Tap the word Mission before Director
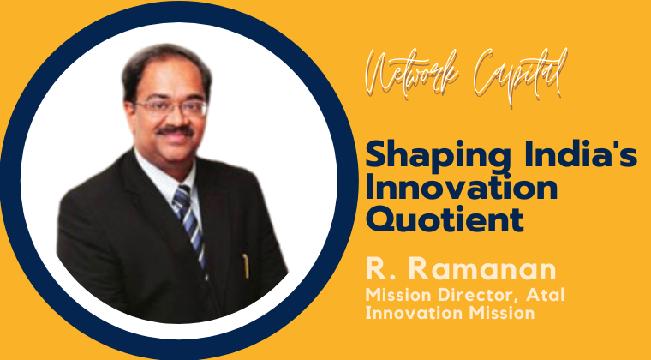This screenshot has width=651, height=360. click(x=396, y=297)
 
